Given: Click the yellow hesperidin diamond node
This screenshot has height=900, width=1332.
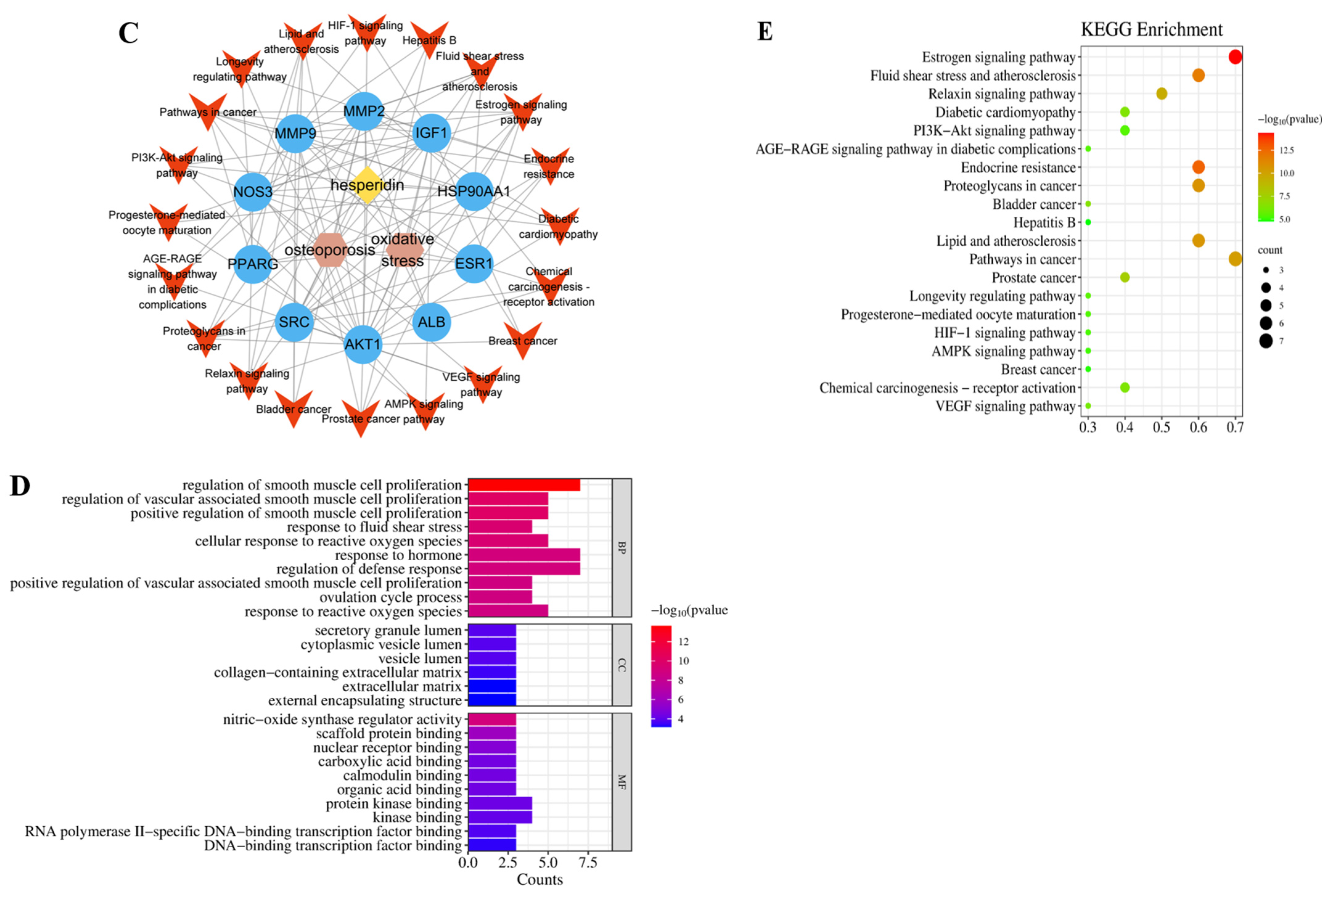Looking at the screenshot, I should click(367, 185).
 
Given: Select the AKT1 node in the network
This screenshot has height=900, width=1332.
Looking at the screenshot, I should click(363, 344).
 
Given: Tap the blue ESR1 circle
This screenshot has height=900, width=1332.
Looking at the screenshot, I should click(474, 264).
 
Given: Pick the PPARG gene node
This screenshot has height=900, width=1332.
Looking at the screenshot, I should click(253, 264).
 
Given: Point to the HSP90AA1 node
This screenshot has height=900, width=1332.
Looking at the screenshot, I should click(474, 191).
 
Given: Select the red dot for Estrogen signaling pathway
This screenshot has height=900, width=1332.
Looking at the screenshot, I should click(1235, 57).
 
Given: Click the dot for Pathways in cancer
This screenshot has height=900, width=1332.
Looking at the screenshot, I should click(1235, 259).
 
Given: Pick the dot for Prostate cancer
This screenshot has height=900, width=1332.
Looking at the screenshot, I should click(1125, 277).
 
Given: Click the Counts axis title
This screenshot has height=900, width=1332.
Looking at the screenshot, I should click(539, 879).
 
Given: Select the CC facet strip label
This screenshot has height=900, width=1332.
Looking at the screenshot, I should click(622, 665).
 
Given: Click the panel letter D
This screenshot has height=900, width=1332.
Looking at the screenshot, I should click(20, 486).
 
